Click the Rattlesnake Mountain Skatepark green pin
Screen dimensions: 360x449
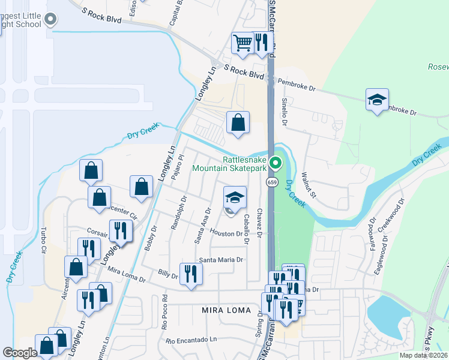coord(276,163)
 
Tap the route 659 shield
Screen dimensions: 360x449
coord(273,182)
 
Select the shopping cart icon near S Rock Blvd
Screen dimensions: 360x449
coord(243,43)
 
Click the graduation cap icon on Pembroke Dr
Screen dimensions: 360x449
coord(377,100)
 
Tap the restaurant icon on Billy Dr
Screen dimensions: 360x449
coord(191,274)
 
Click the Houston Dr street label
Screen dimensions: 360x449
coord(226,233)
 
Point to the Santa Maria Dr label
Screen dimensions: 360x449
coord(221,260)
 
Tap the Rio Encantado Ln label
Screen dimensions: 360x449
coord(191,340)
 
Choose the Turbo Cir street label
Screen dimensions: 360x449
coord(43,239)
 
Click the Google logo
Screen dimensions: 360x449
coord(20,353)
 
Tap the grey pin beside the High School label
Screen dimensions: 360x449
coord(50,20)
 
